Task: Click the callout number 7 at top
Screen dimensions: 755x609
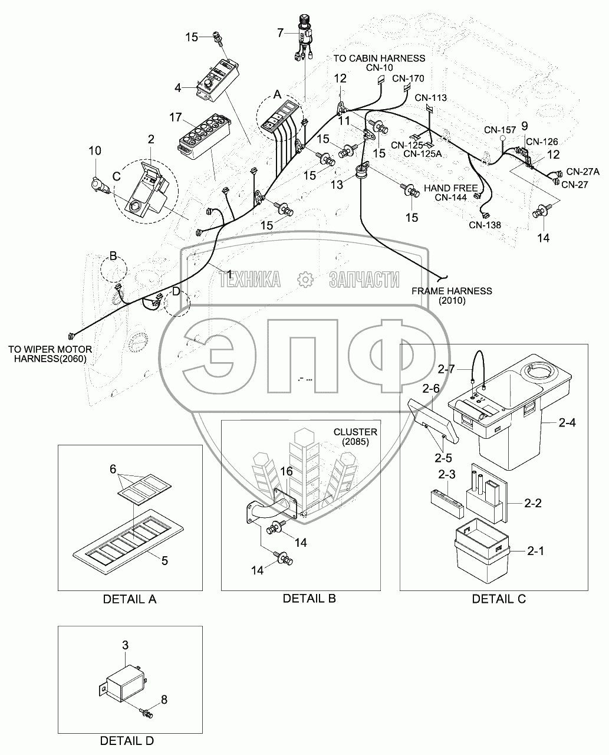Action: [280, 32]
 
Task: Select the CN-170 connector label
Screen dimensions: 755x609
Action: [408, 78]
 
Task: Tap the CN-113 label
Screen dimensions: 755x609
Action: [431, 98]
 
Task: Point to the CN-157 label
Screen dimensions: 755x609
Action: [500, 129]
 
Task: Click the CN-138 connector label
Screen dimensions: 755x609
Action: [485, 225]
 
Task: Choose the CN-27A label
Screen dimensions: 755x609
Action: [582, 172]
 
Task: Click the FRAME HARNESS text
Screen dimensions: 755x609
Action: [452, 291]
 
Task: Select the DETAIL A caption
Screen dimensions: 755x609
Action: [130, 599]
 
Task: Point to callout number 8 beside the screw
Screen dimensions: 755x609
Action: [164, 700]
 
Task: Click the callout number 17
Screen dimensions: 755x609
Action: [175, 117]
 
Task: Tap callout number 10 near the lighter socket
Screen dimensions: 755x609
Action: [95, 152]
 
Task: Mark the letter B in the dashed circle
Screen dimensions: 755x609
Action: [114, 256]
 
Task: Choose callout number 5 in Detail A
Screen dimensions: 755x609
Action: [164, 561]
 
